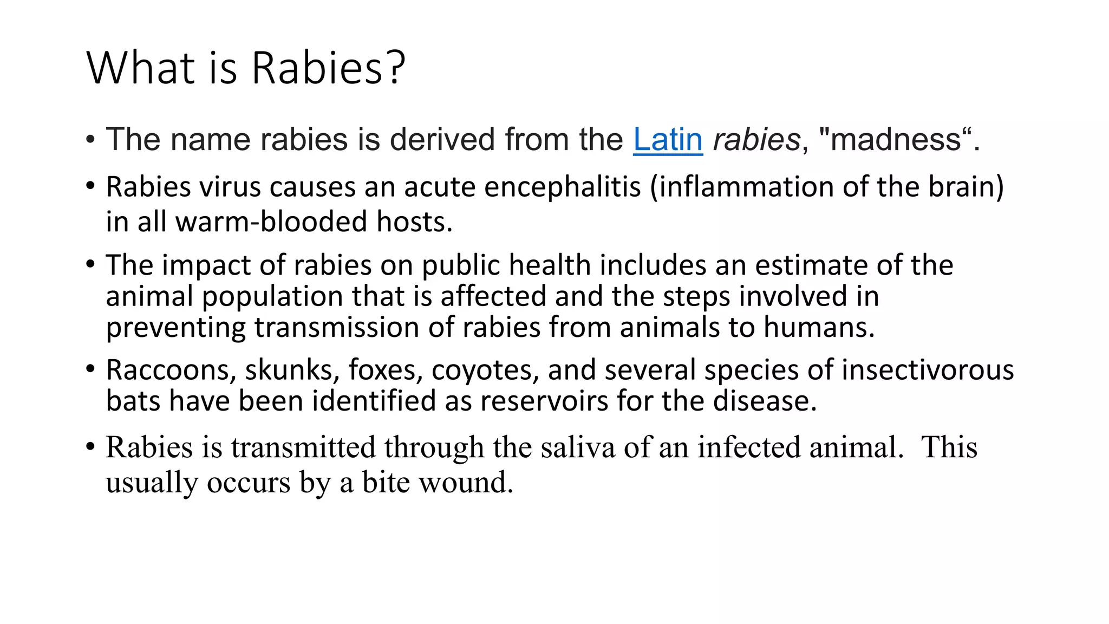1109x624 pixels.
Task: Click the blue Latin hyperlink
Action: coord(668,140)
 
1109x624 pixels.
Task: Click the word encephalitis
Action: coord(562,187)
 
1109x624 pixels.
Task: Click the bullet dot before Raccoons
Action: coord(90,369)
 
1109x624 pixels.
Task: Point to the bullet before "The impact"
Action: coord(90,265)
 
